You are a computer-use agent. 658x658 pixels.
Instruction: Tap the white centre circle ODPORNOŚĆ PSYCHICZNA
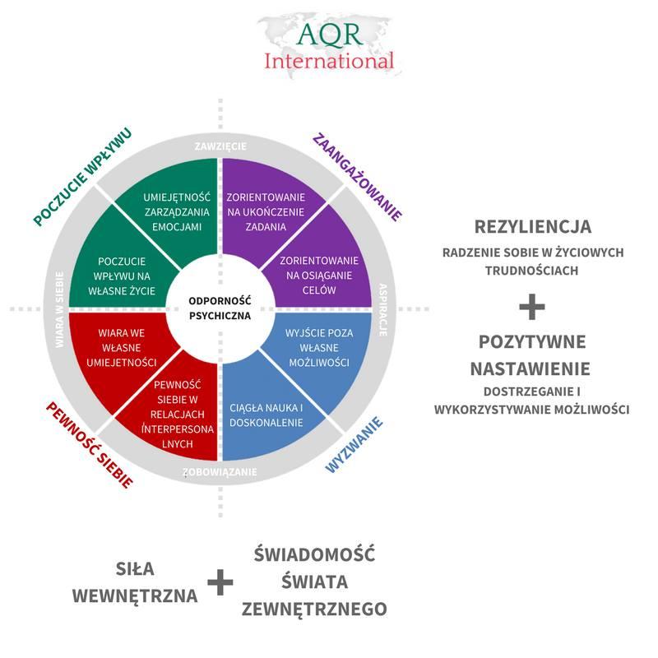pos(219,308)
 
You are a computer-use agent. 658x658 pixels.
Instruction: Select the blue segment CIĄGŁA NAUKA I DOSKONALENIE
pos(267,415)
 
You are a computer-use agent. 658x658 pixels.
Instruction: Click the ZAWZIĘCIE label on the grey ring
pos(220,146)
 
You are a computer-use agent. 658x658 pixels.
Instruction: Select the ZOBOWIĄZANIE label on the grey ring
pos(220,472)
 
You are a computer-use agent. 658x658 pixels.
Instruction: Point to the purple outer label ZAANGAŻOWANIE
pos(357,176)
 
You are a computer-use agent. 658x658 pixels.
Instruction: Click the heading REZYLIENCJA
pos(532,226)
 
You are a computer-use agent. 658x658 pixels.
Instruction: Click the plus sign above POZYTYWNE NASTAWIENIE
pos(532,307)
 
